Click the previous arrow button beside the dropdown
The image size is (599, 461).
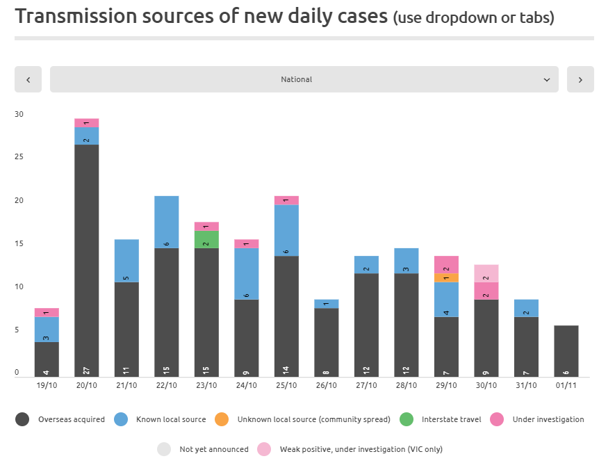point(28,79)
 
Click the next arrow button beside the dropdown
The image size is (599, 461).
point(580,79)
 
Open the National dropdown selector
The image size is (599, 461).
point(304,79)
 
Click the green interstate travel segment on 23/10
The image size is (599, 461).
point(206,239)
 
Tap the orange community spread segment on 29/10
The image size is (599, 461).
point(446,277)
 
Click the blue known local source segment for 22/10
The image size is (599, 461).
point(166,223)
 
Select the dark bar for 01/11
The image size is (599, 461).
point(566,351)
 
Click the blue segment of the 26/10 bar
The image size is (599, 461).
point(327,304)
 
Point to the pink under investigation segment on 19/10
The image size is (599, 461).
point(47,312)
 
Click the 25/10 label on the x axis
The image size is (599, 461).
point(286,385)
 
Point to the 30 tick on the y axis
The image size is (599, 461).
point(19,115)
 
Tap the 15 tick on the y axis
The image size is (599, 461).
point(19,244)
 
